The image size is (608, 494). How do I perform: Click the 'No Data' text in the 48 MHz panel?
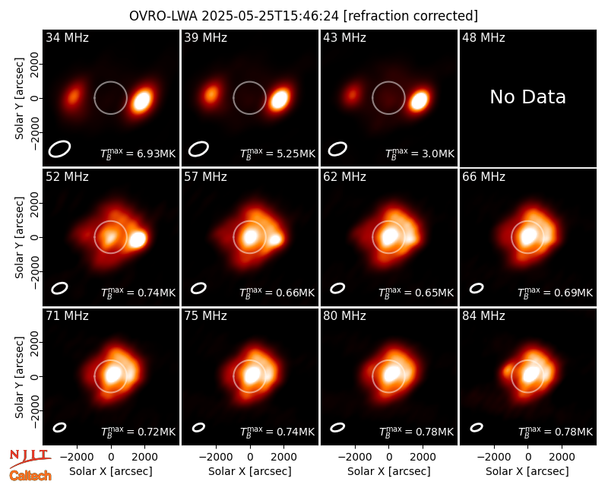[527, 97]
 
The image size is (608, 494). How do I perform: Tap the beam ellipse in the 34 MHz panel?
[59, 149]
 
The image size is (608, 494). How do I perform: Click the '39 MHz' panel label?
[205, 37]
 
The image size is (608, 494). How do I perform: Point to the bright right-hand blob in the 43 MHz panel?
[419, 100]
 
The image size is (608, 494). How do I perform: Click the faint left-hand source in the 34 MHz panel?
[73, 96]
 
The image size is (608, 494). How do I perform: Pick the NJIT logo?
[30, 458]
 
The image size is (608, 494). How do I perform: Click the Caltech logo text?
[30, 476]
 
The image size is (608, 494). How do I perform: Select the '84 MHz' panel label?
[483, 316]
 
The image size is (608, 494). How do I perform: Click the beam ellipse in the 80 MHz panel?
[337, 427]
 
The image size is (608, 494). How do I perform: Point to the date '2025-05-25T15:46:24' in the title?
[270, 16]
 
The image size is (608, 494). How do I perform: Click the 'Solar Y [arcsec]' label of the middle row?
[19, 238]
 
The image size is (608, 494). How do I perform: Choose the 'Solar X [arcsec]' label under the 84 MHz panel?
[527, 471]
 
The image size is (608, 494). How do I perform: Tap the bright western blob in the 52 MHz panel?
[137, 239]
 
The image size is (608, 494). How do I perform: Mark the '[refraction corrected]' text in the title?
[410, 16]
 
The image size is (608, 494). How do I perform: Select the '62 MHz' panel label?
[345, 177]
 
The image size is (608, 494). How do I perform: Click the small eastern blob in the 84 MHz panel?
[507, 372]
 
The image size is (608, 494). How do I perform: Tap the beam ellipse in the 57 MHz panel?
[198, 288]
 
